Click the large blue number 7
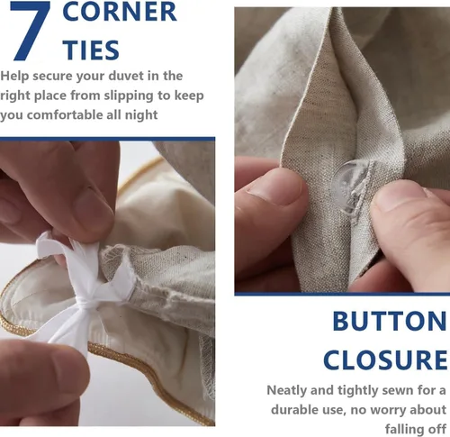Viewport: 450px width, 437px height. pyautogui.click(x=31, y=30)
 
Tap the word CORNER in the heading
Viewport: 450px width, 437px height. pyautogui.click(x=120, y=12)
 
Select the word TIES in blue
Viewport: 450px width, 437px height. pyautogui.click(x=91, y=50)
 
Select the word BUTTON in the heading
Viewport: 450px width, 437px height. pyautogui.click(x=390, y=321)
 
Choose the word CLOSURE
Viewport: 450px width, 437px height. pyautogui.click(x=385, y=360)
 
